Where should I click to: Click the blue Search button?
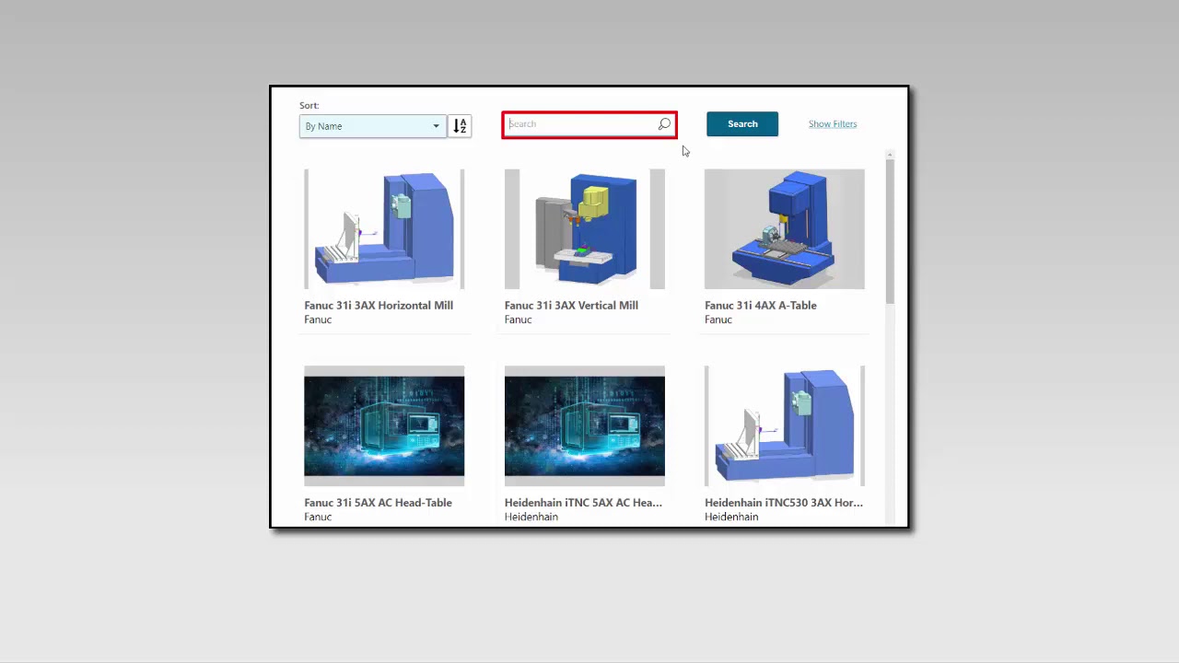(x=741, y=124)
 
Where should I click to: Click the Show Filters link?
(x=832, y=124)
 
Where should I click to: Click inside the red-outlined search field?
(x=580, y=124)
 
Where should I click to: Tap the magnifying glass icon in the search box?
(x=664, y=124)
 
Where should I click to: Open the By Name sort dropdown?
(x=372, y=126)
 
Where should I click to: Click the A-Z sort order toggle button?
(x=460, y=126)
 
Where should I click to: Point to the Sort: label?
(x=309, y=106)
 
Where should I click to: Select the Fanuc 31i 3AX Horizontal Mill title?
(x=379, y=306)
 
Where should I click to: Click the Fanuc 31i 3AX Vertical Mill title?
(x=571, y=306)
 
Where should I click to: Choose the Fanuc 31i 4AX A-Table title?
(x=760, y=306)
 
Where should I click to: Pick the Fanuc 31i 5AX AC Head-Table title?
(x=378, y=503)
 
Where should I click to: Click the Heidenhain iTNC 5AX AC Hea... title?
(x=583, y=503)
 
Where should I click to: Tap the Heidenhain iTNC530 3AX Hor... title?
(x=783, y=503)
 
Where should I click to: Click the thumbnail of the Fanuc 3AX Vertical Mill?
(x=584, y=228)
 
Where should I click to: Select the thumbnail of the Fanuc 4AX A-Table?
(x=784, y=228)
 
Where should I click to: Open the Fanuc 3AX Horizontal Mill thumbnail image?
(x=384, y=228)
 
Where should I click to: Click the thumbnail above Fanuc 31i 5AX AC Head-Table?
(x=384, y=425)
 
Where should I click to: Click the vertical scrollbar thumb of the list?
(x=890, y=230)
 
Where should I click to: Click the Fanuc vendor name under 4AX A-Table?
(x=718, y=320)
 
